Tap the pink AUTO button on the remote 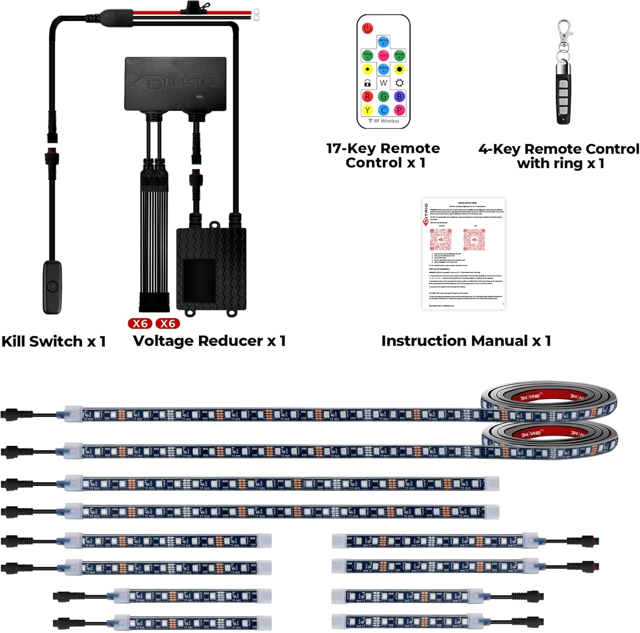[384, 55]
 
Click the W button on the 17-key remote [384, 83]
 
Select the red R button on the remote [367, 97]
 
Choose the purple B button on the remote [399, 97]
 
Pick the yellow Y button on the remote [367, 111]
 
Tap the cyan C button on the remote [384, 111]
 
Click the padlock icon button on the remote [367, 83]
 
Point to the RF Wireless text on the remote [386, 121]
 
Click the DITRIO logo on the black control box [175, 82]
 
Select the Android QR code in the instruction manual [441, 239]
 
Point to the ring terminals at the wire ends [256, 15]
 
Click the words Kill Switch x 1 [54, 341]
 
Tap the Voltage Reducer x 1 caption [209, 341]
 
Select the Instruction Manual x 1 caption [466, 341]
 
